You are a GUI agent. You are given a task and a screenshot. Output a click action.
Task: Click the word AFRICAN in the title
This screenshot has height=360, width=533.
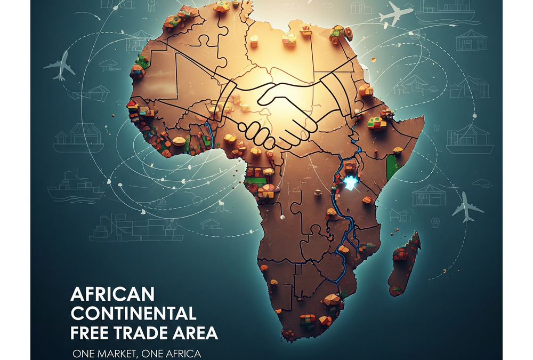pos(112,294)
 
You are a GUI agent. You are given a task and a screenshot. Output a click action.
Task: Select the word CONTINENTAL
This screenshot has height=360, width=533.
pos(133,313)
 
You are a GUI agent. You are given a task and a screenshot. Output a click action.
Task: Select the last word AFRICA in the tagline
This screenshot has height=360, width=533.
pos(182,354)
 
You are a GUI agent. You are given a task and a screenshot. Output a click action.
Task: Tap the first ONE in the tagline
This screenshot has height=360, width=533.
pos(84,354)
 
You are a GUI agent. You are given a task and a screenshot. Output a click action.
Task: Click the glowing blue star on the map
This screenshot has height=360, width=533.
pos(350,183)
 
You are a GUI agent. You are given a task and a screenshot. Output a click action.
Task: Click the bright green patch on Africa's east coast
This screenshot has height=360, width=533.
pos(394,165)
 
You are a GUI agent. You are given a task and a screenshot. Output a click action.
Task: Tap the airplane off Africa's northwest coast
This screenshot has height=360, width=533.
pos(60,65)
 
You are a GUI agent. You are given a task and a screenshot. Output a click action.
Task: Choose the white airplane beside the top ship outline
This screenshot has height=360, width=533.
pos(395,13)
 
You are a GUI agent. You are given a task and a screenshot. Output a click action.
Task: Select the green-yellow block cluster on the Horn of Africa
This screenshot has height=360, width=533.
pos(376,123)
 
